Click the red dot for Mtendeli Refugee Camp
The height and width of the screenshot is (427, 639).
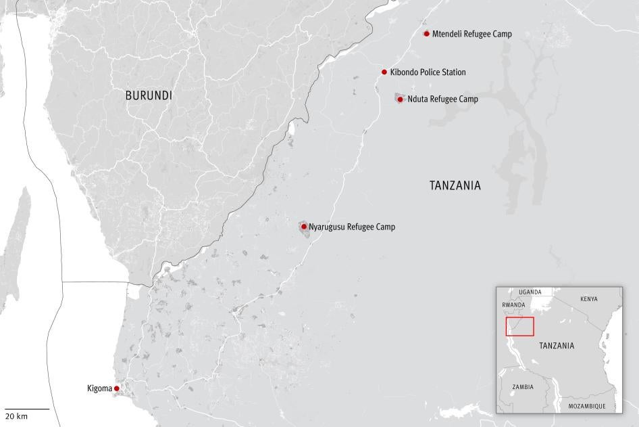tap(426, 34)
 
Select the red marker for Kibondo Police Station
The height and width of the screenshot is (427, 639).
tap(384, 72)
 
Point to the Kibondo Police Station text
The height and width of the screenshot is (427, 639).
tap(428, 72)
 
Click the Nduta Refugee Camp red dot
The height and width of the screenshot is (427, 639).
tap(400, 99)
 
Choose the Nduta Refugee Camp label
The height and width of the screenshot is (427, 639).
tap(442, 99)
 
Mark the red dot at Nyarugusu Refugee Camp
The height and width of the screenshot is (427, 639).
tap(304, 227)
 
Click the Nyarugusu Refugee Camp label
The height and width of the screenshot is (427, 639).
tap(351, 227)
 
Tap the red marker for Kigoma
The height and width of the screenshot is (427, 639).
tap(116, 388)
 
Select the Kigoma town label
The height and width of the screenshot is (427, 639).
tap(99, 388)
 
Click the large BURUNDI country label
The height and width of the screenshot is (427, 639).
tap(149, 96)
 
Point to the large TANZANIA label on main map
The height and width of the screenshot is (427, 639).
tap(455, 185)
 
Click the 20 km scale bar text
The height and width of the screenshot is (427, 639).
tap(17, 415)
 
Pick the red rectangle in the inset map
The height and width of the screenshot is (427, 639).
tap(519, 326)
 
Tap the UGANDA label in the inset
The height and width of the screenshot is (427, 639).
tap(530, 292)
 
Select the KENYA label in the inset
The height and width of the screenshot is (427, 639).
tap(588, 298)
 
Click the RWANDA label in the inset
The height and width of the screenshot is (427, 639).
tap(513, 305)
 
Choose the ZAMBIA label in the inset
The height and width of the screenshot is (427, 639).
tap(522, 387)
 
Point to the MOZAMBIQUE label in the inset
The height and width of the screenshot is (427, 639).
tap(586, 406)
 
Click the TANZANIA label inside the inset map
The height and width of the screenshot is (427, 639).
tap(557, 346)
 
